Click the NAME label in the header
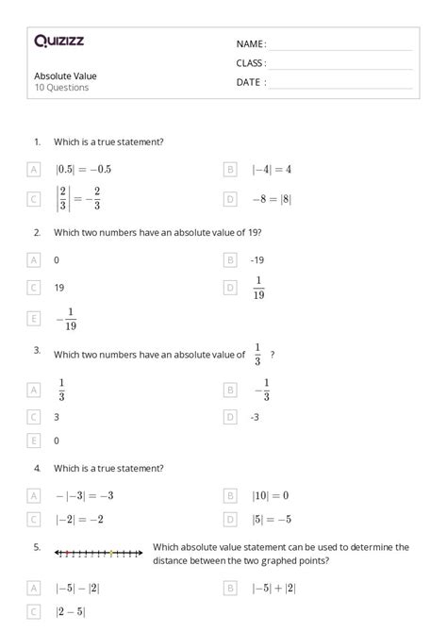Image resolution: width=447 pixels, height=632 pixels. [x=251, y=43]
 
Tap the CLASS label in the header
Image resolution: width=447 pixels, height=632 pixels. [x=251, y=63]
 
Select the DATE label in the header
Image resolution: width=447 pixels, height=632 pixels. [x=251, y=82]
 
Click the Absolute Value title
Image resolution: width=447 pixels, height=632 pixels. [x=65, y=75]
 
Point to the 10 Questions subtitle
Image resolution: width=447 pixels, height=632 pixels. [x=61, y=88]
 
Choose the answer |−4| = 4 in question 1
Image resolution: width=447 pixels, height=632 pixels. [x=272, y=169]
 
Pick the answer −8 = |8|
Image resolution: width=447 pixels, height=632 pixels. [x=272, y=199]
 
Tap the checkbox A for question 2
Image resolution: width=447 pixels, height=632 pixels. [x=34, y=258]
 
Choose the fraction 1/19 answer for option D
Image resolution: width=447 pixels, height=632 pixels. [x=258, y=287]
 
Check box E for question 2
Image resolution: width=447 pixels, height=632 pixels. [x=34, y=319]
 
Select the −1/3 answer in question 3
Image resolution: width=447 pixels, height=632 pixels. [x=261, y=389]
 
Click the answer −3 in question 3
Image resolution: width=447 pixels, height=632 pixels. [x=256, y=416]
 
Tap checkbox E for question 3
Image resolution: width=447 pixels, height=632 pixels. [x=34, y=441]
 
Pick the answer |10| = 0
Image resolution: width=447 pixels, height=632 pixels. [x=270, y=494]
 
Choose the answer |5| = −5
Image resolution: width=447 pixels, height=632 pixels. [x=272, y=519]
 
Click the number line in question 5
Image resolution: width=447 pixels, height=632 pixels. [x=98, y=552]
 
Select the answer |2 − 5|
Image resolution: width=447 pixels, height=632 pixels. [x=71, y=611]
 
